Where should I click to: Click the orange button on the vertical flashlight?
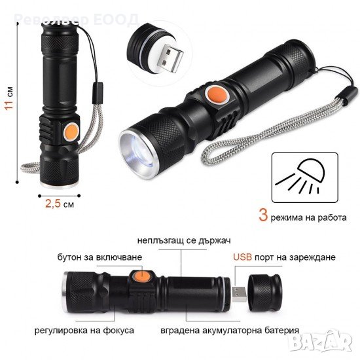click(71, 132)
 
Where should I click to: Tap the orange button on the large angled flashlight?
click(217, 95)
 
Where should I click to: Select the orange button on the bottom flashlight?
click(142, 276)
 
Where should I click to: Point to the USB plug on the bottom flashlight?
click(239, 294)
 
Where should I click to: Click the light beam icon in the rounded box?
click(302, 177)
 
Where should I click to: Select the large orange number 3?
click(263, 215)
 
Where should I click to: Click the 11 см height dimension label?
click(9, 98)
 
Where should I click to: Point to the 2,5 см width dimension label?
click(60, 204)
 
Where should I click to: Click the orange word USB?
click(242, 257)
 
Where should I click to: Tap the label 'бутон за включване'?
click(100, 257)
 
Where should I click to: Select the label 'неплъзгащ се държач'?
click(184, 240)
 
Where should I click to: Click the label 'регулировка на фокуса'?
click(84, 331)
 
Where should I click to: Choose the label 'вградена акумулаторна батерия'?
click(230, 331)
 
